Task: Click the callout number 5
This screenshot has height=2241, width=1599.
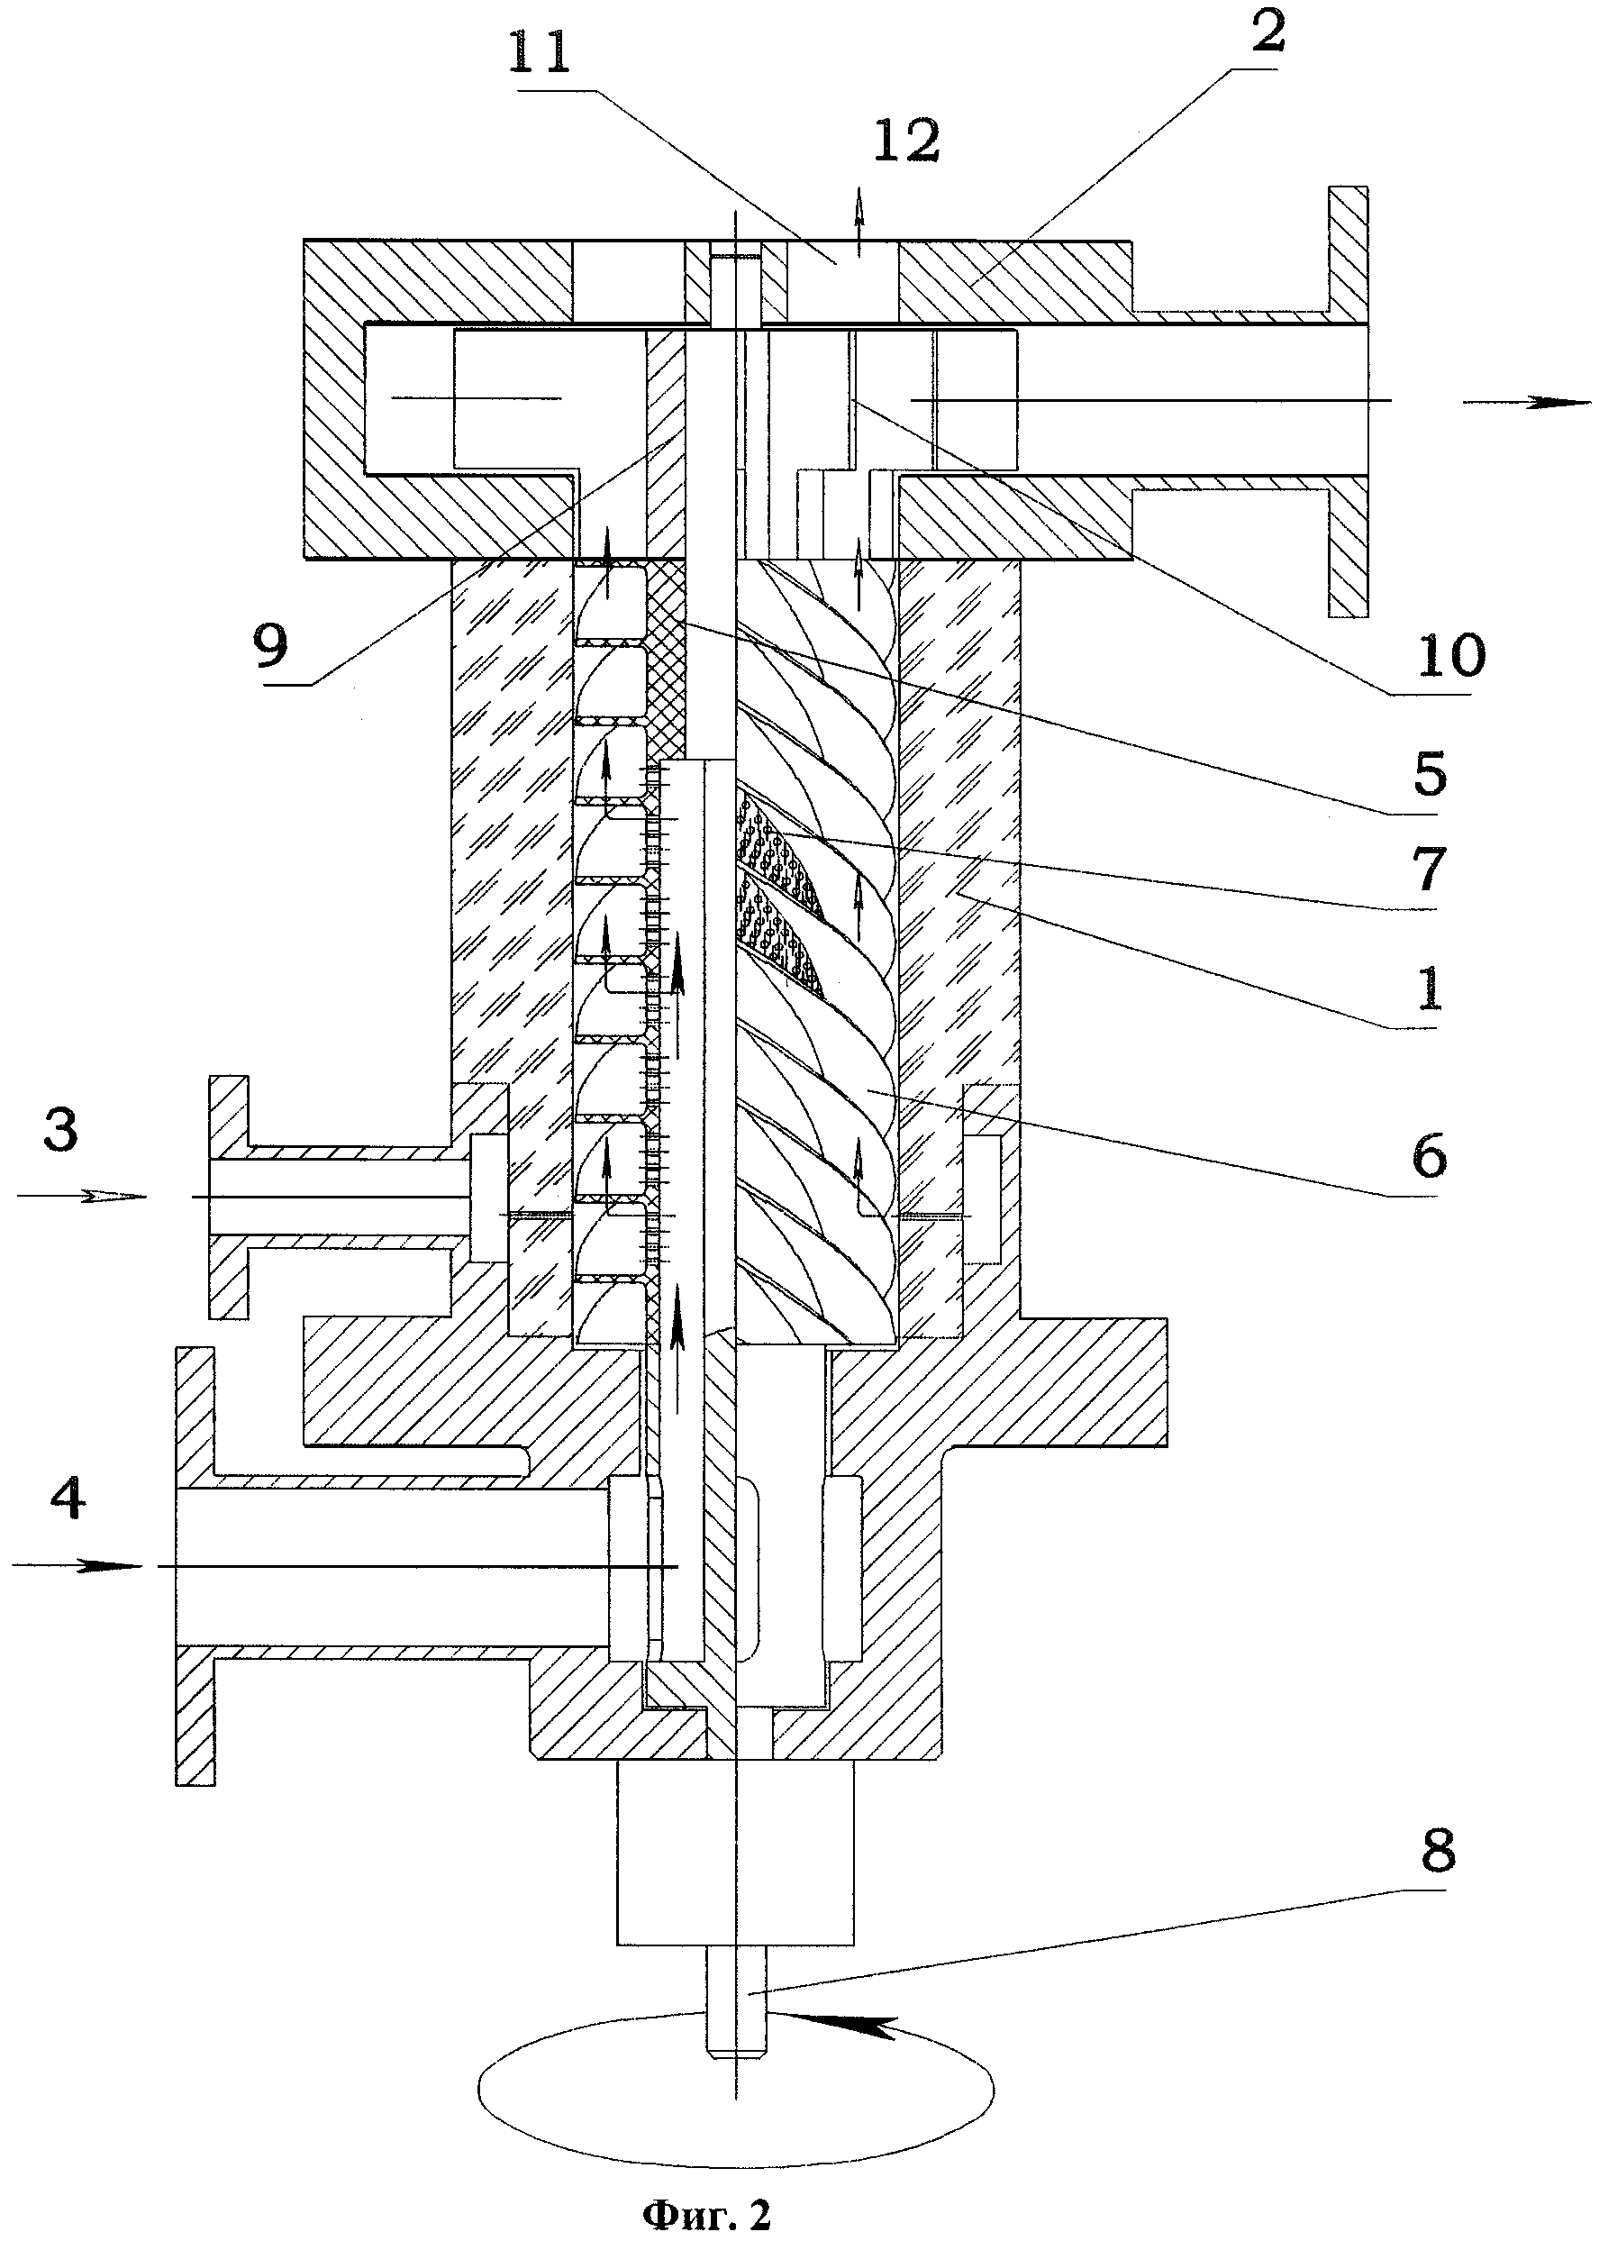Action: point(1429,775)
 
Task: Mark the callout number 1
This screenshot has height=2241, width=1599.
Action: point(1429,987)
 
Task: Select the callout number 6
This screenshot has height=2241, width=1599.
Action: point(1429,1155)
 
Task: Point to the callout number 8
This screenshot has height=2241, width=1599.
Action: point(1437,1852)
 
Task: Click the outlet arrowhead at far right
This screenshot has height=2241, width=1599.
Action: point(1556,402)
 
